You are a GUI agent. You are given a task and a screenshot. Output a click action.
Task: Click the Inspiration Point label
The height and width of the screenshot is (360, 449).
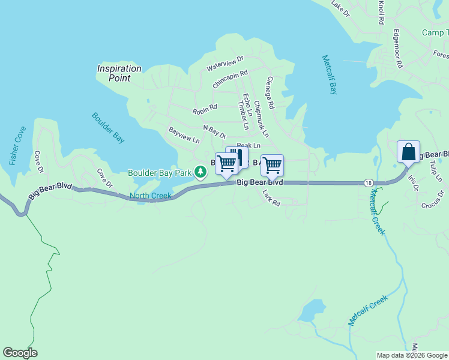119,73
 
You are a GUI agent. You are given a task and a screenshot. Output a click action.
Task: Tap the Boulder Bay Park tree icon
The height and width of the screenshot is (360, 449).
200,173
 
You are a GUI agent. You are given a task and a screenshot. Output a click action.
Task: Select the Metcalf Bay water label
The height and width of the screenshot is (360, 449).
330,75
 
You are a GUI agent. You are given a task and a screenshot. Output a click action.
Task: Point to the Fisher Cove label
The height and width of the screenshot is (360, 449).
17,146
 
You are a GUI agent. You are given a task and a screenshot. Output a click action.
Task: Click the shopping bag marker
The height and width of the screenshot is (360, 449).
408,152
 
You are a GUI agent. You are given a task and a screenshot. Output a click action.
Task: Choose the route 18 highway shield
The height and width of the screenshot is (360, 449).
367,182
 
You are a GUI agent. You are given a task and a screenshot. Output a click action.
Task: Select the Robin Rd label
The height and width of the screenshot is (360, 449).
204,111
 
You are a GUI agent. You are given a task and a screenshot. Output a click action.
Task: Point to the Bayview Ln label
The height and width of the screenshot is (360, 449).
184,135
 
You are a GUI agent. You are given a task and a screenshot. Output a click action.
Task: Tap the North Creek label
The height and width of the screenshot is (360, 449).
150,196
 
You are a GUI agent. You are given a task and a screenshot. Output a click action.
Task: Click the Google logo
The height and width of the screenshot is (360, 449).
20,353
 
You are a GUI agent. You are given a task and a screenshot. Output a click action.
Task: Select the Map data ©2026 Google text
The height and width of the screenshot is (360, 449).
411,355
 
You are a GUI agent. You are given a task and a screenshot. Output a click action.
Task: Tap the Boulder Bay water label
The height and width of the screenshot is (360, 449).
108,128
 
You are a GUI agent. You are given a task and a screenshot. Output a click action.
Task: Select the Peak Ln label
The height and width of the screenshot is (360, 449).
249,145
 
